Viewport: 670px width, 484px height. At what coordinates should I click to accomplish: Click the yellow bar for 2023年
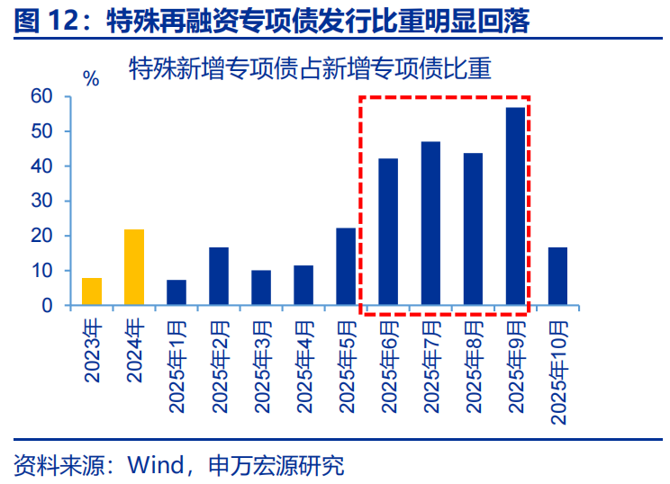(x=92, y=291)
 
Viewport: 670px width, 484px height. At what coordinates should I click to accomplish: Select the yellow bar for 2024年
(x=134, y=268)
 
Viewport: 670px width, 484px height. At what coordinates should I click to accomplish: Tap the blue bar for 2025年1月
(x=177, y=292)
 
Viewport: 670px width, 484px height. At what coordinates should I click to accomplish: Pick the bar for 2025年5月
(x=346, y=267)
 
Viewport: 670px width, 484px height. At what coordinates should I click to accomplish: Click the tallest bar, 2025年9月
(x=515, y=207)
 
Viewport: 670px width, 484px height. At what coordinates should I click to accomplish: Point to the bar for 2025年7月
(x=430, y=223)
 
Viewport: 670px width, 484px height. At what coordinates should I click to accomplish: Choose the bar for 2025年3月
(x=261, y=288)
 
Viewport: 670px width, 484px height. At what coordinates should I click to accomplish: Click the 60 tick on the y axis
(x=41, y=96)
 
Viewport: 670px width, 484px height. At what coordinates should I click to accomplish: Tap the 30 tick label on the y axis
(x=41, y=201)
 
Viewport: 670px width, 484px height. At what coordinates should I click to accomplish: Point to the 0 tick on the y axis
(x=47, y=306)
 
